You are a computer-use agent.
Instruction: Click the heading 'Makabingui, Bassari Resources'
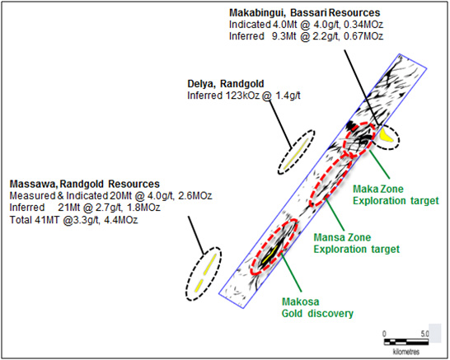304,13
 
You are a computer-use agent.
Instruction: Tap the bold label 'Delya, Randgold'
226,84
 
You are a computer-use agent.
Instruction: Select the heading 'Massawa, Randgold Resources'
85,184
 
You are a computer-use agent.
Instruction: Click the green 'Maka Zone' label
378,189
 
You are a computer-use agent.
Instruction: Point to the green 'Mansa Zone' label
342,237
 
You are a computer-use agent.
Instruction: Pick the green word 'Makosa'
301,302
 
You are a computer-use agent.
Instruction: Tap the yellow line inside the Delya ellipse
296,154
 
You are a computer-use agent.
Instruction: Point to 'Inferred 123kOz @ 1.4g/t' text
244,96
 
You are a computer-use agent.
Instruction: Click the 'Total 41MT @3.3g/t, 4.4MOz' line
73,220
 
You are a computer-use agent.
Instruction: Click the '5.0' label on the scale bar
424,334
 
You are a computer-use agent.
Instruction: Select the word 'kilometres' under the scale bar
406,352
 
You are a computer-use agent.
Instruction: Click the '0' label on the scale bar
385,334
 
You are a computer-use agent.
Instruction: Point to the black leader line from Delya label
280,124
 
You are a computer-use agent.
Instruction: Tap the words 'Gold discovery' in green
317,314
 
